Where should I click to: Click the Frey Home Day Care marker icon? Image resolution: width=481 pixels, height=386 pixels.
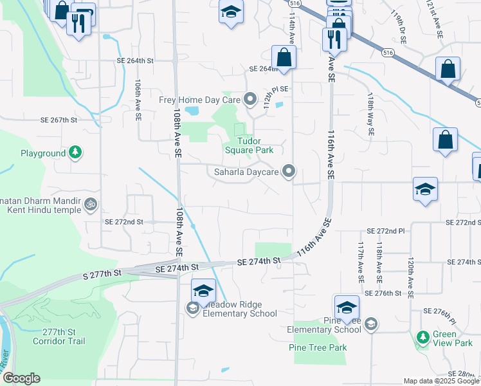tap(250, 100)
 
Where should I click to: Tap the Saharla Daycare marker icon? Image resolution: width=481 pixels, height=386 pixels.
tap(289, 171)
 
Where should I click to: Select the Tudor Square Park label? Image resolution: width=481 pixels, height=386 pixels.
tap(249, 145)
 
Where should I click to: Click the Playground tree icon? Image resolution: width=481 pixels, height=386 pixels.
tap(76, 153)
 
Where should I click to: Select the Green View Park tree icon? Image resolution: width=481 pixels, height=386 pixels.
tap(422, 336)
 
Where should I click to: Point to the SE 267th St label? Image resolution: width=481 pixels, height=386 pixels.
tap(59, 120)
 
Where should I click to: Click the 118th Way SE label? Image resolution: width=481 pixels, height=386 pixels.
tap(370, 113)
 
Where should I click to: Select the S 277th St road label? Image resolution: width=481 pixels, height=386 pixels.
tap(102, 274)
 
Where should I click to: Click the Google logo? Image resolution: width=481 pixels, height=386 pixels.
tap(21, 378)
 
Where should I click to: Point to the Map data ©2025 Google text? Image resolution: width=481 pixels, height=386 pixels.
tap(440, 381)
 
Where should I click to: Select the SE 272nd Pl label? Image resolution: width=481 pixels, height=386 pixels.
tap(385, 230)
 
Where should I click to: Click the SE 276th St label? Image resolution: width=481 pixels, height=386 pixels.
tap(383, 293)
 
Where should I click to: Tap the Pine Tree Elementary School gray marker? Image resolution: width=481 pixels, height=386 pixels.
tap(370, 324)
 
